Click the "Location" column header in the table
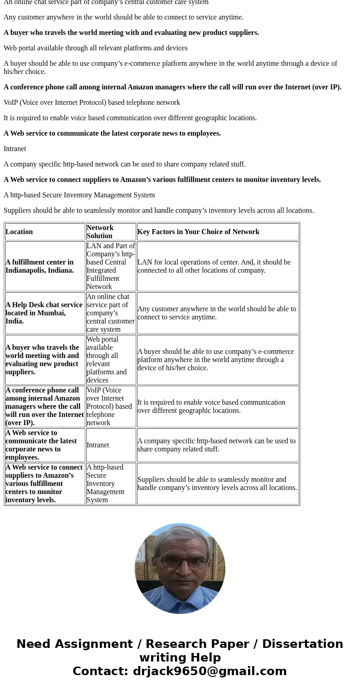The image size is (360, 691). click(x=19, y=232)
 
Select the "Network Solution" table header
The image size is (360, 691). click(x=100, y=231)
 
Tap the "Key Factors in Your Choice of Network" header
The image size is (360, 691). click(x=198, y=232)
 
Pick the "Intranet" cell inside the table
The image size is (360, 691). click(x=98, y=445)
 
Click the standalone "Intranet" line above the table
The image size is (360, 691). click(x=15, y=149)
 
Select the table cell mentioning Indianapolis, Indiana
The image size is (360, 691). click(x=39, y=266)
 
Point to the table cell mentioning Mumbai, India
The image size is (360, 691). click(x=44, y=313)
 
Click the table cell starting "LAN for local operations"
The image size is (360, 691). click(x=214, y=266)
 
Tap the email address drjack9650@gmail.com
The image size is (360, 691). click(x=209, y=671)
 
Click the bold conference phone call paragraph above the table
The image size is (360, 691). click(x=172, y=87)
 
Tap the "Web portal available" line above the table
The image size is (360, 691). click(x=95, y=48)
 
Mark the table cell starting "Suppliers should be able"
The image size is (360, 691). click(x=217, y=484)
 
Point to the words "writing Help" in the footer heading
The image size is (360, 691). click(x=180, y=658)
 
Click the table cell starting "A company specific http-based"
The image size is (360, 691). click(x=216, y=445)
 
